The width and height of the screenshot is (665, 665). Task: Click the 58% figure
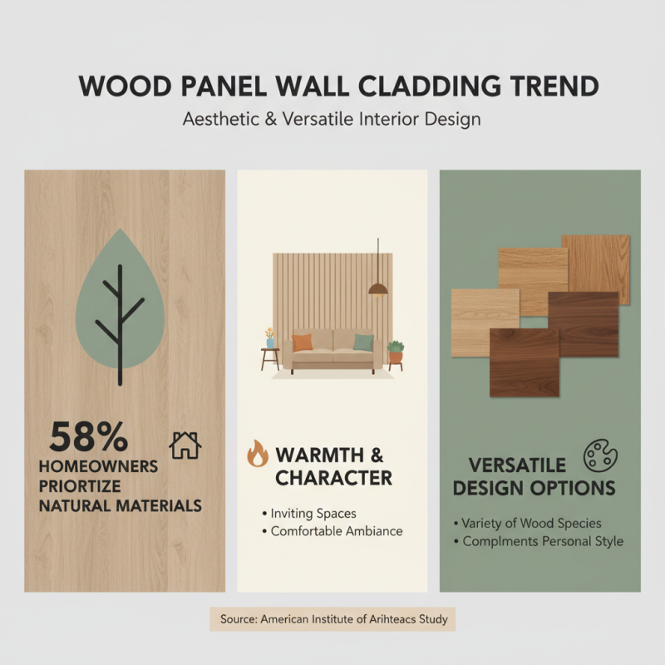click(88, 436)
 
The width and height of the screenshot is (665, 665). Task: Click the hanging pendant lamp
click(377, 288)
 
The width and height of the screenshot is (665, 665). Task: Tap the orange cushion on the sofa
click(302, 342)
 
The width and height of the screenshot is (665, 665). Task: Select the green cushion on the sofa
click(363, 342)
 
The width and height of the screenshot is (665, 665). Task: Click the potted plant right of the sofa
click(396, 352)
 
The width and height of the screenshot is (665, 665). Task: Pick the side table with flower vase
click(270, 353)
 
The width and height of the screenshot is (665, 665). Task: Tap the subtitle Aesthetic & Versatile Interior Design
click(332, 119)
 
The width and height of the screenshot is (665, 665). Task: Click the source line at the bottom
click(332, 619)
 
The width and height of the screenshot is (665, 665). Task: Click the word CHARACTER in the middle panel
click(333, 478)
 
